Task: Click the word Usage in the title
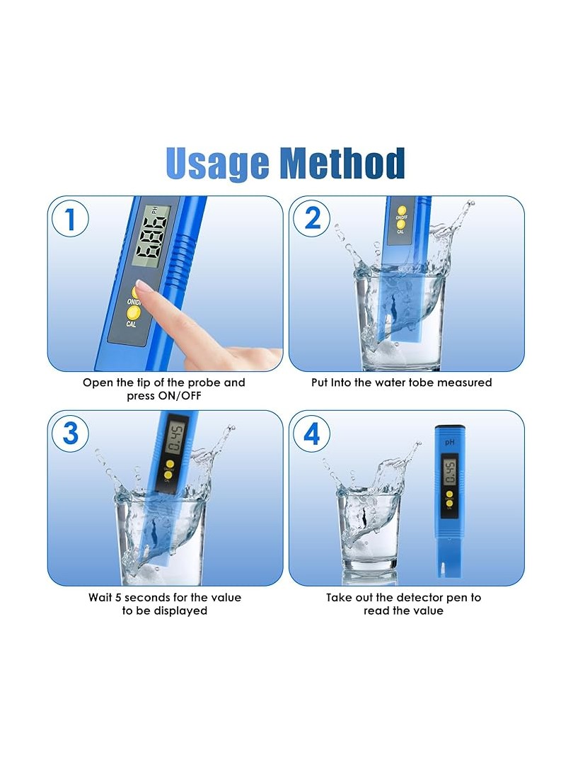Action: [217, 164]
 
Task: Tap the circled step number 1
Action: [70, 219]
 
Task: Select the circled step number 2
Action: [312, 218]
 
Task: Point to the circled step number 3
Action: [70, 433]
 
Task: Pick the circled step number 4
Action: [312, 433]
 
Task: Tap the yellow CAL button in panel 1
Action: [132, 312]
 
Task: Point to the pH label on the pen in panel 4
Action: [449, 443]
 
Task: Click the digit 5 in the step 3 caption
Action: [118, 598]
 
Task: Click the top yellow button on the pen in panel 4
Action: [448, 494]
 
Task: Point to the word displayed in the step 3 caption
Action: [180, 611]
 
